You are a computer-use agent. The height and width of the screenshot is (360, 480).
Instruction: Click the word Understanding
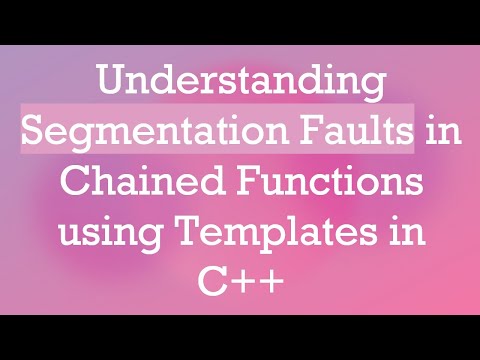click(x=239, y=82)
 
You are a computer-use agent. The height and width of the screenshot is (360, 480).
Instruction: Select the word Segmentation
click(x=148, y=132)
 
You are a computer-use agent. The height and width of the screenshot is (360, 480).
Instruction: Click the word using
click(x=111, y=237)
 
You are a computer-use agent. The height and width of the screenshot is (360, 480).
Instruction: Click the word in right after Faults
click(x=439, y=131)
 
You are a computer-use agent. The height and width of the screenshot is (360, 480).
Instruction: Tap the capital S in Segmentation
click(x=36, y=131)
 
